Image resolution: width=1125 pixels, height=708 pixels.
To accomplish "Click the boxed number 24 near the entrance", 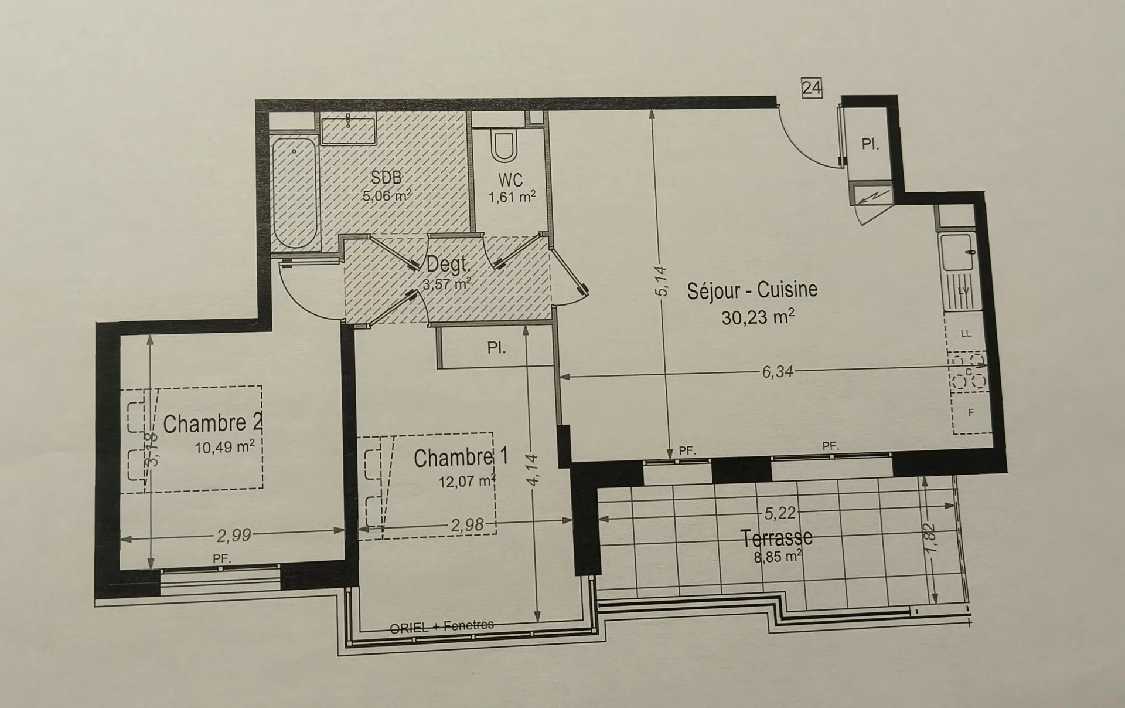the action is [x=812, y=88].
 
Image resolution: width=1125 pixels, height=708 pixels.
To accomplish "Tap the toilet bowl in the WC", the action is [x=505, y=147].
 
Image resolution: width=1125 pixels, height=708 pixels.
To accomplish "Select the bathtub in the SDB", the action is [x=294, y=192].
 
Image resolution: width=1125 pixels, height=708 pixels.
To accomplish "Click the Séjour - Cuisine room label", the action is [x=752, y=290].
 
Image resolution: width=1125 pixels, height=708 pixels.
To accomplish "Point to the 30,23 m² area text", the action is [x=758, y=317].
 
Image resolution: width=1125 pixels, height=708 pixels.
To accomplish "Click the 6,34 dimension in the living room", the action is [x=778, y=371].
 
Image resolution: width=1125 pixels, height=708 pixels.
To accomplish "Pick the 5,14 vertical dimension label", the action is [x=661, y=282].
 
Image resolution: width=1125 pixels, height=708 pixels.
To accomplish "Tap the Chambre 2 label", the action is [x=213, y=424].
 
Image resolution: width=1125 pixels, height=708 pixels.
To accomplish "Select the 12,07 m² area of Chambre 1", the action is [x=467, y=482].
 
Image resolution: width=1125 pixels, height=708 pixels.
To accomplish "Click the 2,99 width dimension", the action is [x=234, y=535].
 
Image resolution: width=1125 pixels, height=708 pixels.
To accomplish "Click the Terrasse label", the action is [x=776, y=538].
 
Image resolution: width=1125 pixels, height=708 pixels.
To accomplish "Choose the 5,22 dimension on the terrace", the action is [x=780, y=513].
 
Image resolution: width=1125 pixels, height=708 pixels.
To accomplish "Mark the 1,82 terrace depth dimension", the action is [x=932, y=537].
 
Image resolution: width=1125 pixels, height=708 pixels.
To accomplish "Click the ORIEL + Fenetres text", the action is [x=442, y=626].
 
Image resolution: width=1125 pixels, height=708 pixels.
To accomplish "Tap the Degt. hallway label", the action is [x=448, y=265].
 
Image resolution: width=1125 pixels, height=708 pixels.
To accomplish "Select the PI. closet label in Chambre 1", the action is [x=496, y=348].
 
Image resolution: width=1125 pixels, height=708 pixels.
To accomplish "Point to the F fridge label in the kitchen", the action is [x=971, y=413].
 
